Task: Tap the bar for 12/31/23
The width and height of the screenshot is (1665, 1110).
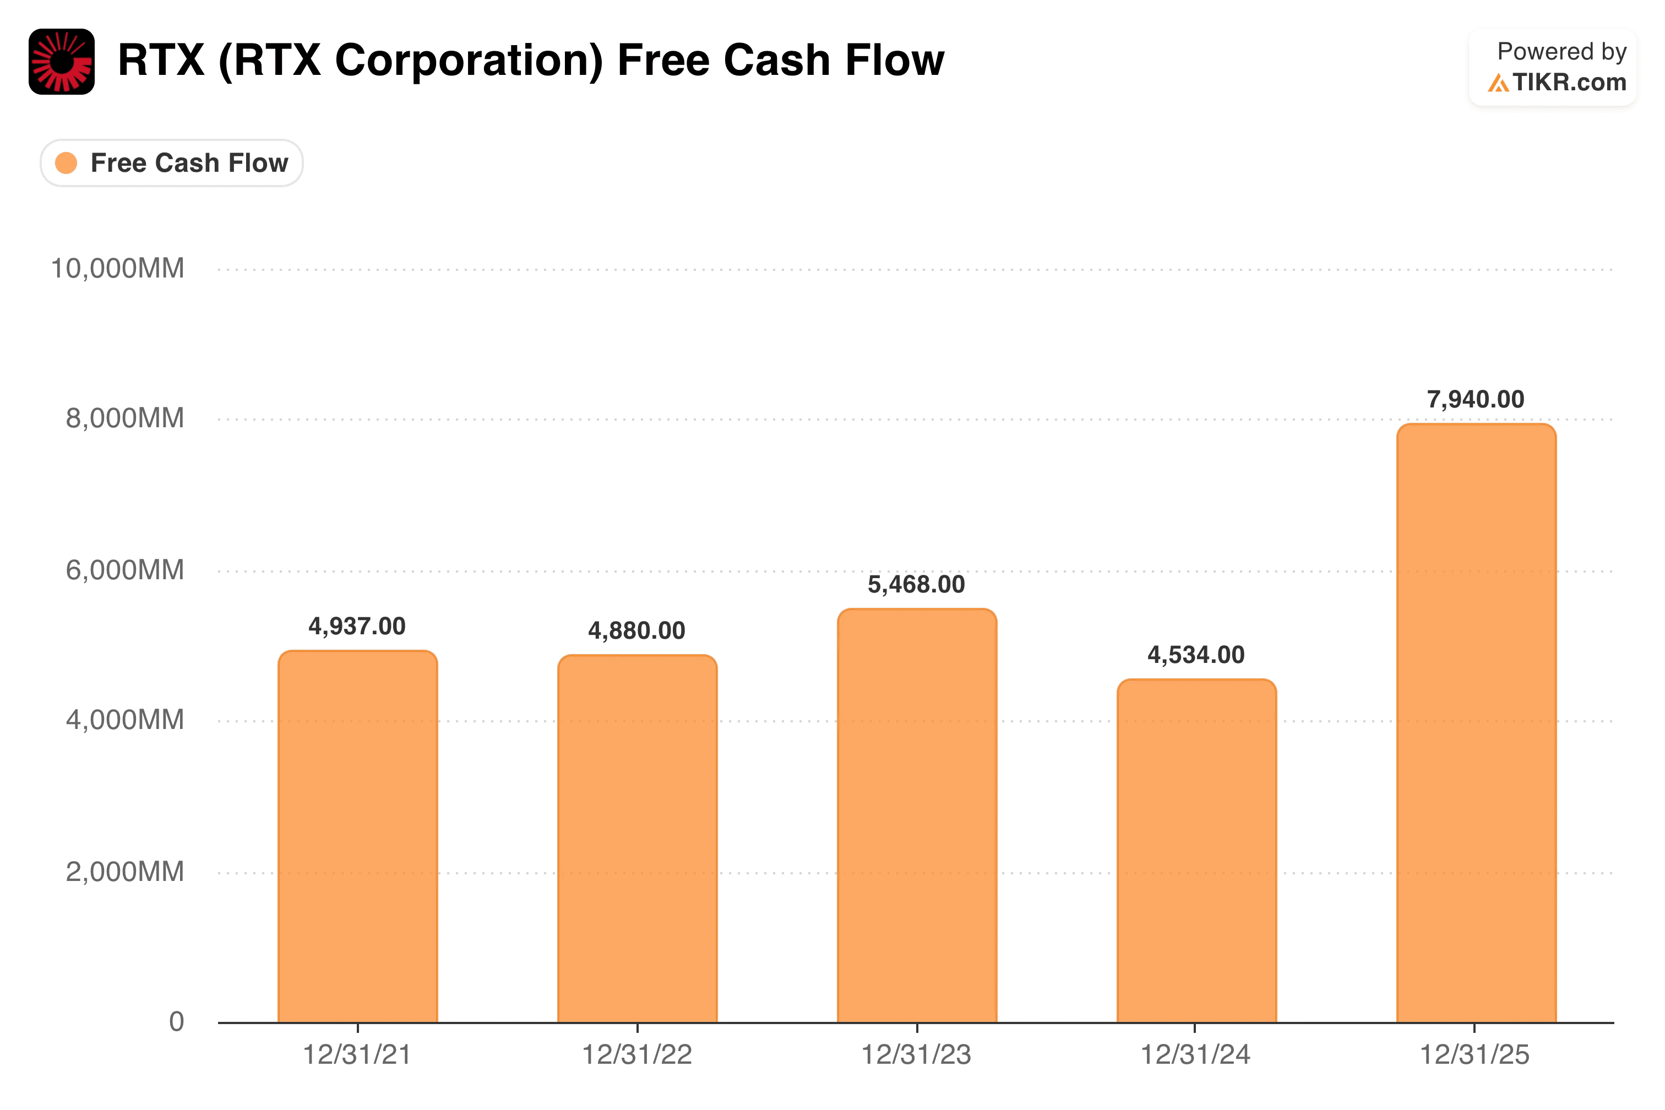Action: [x=917, y=815]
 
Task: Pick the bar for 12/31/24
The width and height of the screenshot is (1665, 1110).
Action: [x=1196, y=851]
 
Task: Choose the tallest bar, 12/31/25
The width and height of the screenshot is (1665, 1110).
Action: [x=1476, y=723]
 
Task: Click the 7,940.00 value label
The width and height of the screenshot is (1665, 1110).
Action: [x=1475, y=399]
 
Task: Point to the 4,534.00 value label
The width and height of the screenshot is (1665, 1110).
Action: [x=1196, y=655]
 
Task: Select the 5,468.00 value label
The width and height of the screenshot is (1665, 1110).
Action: [x=916, y=584]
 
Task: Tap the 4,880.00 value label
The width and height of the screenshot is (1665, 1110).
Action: [x=636, y=630]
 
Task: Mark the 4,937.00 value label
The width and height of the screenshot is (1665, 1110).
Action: [x=357, y=626]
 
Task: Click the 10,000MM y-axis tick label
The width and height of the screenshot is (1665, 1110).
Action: [x=117, y=268]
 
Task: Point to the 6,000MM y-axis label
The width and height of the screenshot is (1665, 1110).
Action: [x=124, y=570]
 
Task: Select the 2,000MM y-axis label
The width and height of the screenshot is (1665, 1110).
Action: [x=124, y=872]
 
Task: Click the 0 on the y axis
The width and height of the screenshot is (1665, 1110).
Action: [x=176, y=1021]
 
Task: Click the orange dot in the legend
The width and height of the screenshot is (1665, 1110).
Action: [x=66, y=163]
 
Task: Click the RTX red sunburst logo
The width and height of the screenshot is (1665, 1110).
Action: [x=62, y=62]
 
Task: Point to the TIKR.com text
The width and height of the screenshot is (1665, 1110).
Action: [x=1569, y=83]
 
